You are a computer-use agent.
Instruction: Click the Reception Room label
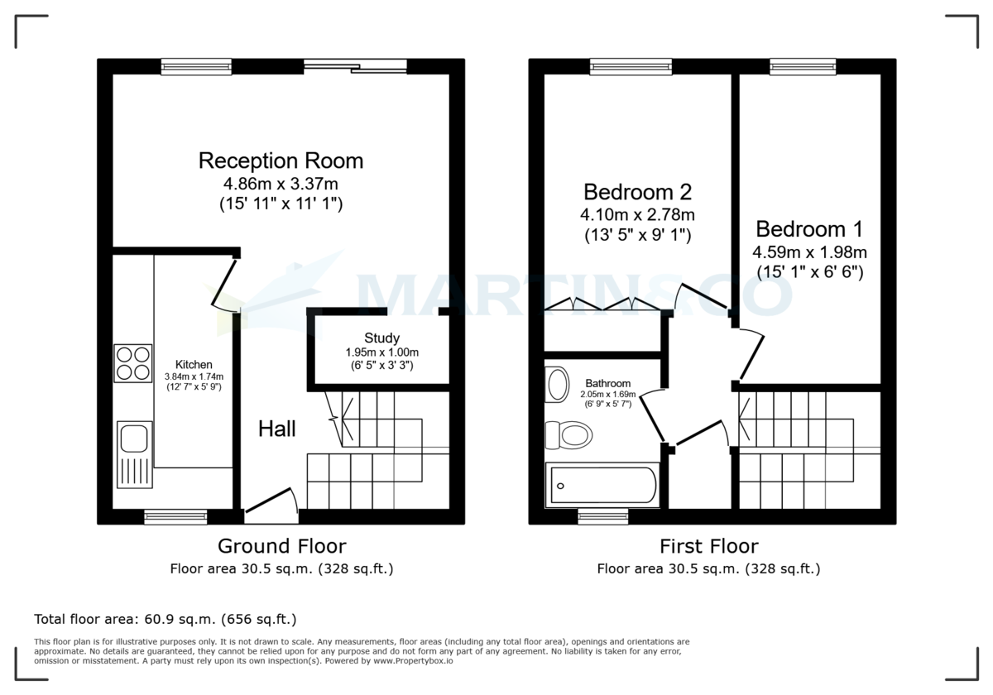281,160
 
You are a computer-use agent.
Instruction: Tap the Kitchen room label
194,364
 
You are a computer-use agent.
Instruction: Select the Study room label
381,338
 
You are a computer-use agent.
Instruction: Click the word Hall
276,429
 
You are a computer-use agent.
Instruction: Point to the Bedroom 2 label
637,192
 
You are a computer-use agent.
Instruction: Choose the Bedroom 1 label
809,228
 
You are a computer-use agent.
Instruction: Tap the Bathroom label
608,383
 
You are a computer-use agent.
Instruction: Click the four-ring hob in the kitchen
132,362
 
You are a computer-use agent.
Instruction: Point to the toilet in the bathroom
570,434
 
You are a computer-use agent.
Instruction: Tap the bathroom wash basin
559,385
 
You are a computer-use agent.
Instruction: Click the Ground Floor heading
281,546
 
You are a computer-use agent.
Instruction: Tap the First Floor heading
708,546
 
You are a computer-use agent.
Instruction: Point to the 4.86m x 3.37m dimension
281,184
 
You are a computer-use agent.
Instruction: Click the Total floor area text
165,619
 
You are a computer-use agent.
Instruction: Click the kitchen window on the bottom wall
175,517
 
